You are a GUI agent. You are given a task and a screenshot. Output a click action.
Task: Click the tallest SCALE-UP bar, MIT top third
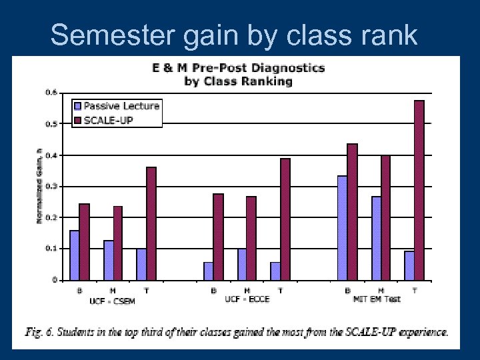click(419, 190)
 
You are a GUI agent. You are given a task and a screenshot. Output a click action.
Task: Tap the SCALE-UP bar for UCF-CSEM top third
click(151, 223)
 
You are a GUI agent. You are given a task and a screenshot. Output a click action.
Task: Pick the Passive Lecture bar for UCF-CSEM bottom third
click(75, 255)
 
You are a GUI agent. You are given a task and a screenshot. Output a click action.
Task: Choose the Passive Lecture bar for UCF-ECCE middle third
click(242, 264)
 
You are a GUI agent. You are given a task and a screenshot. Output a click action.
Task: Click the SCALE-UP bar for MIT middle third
click(385, 217)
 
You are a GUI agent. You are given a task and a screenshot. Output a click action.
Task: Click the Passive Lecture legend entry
click(117, 106)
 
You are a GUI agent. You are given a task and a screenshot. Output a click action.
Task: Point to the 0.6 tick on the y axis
click(51, 92)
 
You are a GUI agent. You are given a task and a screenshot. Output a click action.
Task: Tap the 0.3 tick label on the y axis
click(51, 186)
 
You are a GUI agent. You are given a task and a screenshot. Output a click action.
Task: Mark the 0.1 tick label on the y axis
click(51, 249)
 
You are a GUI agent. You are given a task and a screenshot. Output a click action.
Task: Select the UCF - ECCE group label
click(247, 300)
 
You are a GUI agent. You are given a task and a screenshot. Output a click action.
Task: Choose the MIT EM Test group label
click(377, 300)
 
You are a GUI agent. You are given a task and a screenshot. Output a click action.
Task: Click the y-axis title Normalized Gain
click(39, 185)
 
